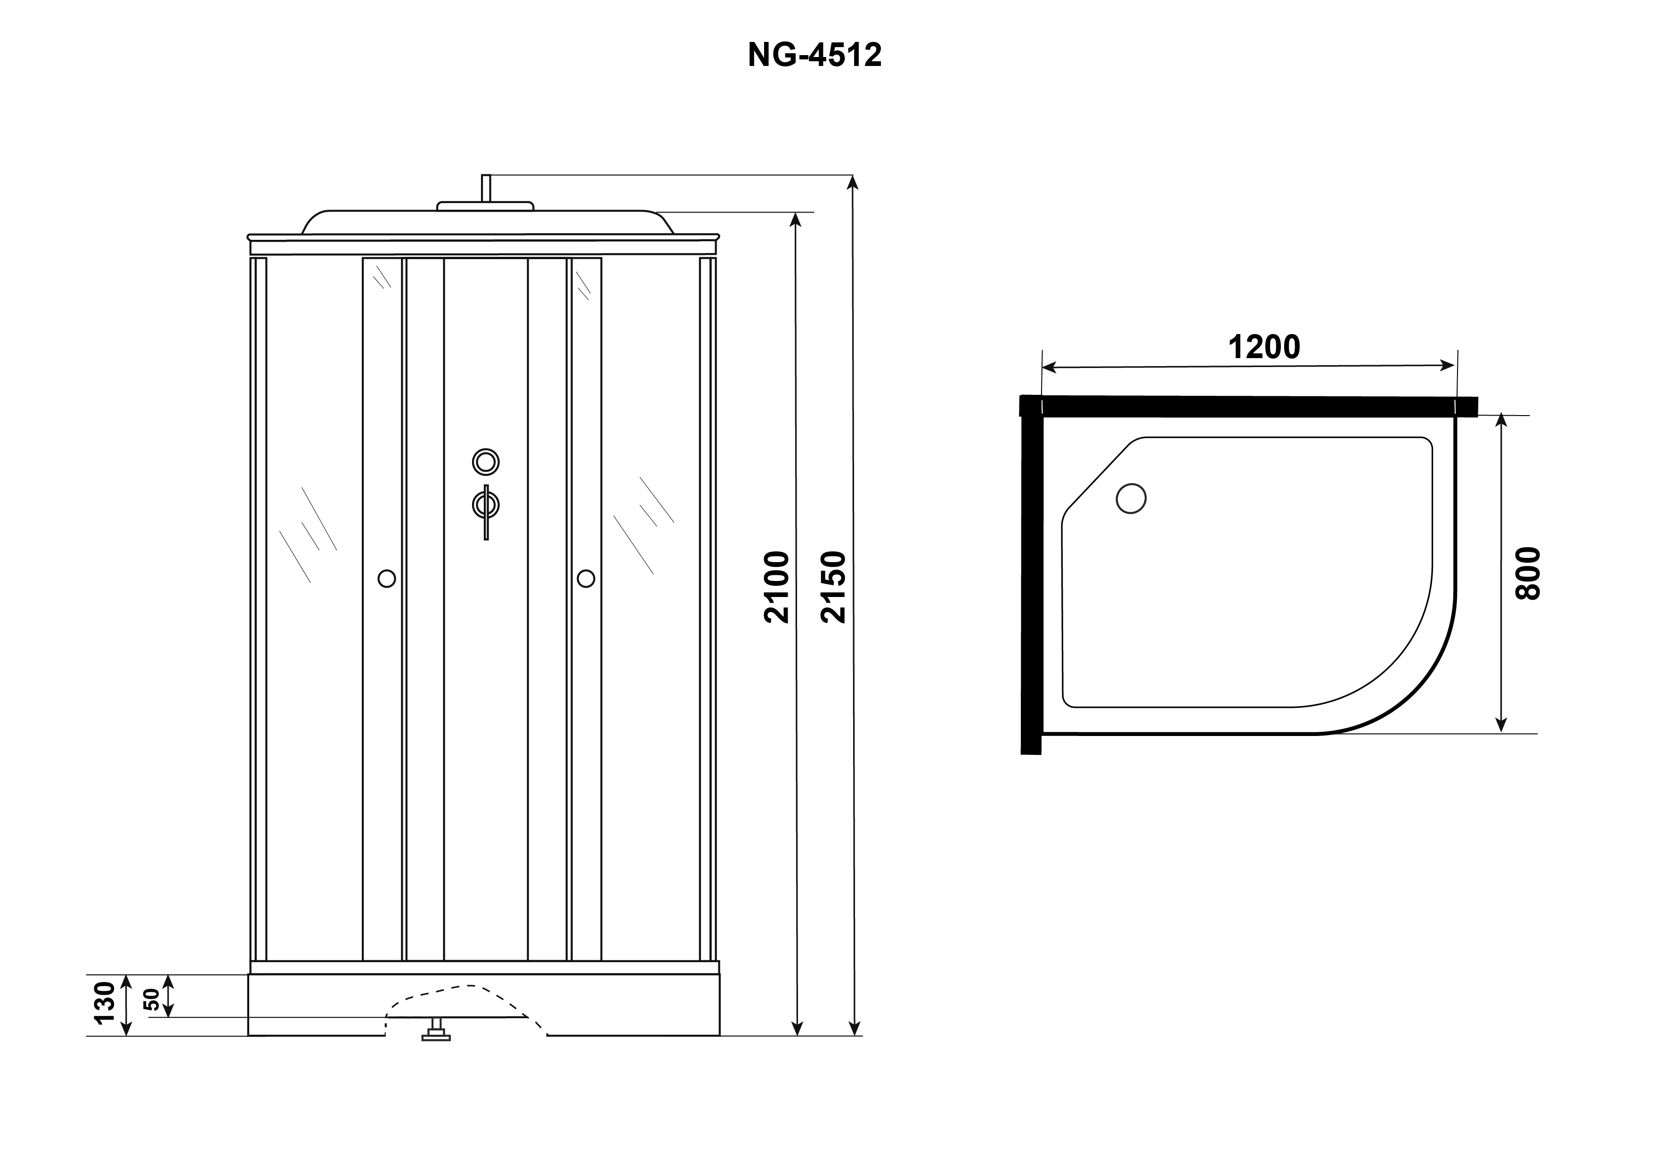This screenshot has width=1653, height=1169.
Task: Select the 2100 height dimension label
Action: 778,587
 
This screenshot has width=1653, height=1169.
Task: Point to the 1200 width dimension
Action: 1264,348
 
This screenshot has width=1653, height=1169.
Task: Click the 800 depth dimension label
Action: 1528,573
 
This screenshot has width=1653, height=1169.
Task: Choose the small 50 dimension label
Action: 152,1000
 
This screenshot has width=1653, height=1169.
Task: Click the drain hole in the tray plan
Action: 1131,498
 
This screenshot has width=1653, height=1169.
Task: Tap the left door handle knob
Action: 387,579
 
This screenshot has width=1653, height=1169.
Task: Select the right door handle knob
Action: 586,579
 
